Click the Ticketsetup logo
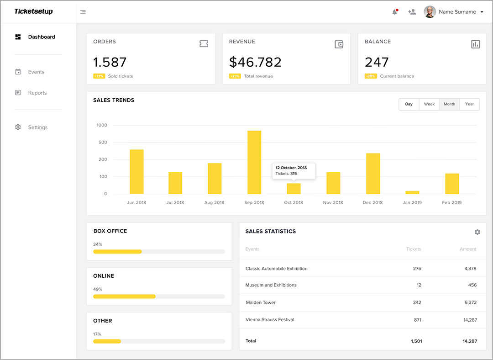coord(33,11)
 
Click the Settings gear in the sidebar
coord(18,127)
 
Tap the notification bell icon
coord(395,12)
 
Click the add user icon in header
coord(412,12)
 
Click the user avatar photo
coord(430,12)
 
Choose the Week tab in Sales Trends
coord(429,104)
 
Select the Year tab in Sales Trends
coord(469,104)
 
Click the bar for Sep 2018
coord(254,162)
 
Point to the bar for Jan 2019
coord(412,192)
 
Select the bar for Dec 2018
coord(373,174)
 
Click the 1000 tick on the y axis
coord(102,125)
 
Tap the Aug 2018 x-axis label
coord(215,202)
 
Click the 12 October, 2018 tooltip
coord(294,170)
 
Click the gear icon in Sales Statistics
coord(477,232)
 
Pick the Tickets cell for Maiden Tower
coord(416,302)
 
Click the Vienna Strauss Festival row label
coord(270,320)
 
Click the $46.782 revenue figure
coord(255,62)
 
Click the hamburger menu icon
coord(83,12)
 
